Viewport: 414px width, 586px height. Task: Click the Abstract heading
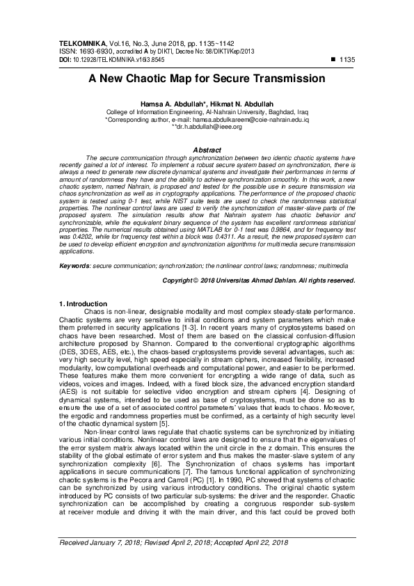tap(206, 150)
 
